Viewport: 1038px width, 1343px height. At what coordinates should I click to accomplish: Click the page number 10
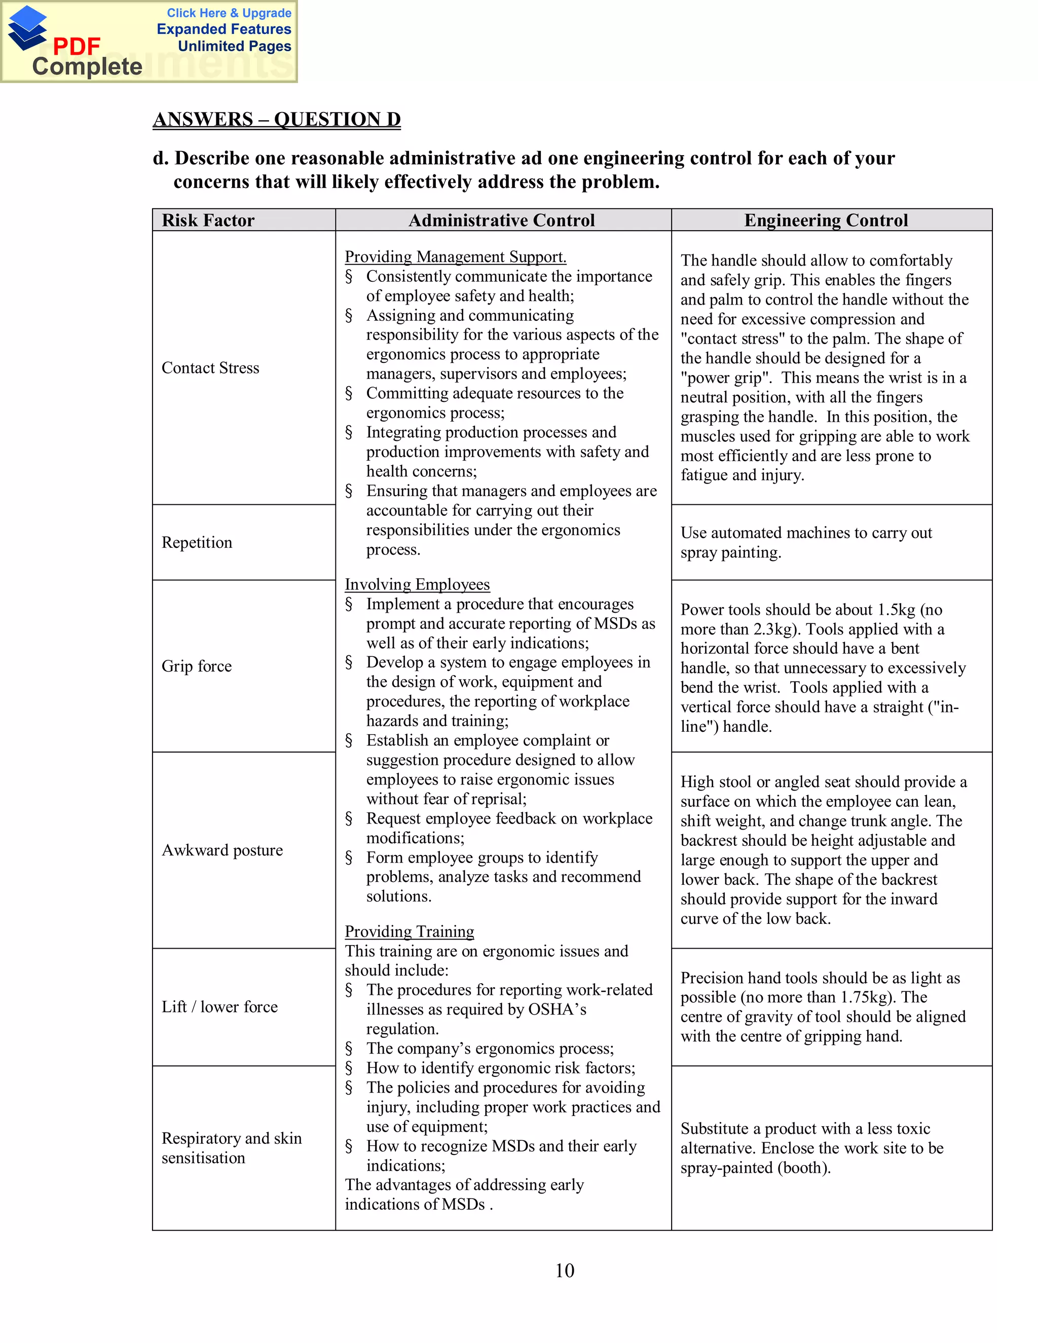564,1271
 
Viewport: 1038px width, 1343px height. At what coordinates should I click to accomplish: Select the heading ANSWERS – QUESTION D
277,119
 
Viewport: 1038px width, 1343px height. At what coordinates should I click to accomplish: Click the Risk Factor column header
208,220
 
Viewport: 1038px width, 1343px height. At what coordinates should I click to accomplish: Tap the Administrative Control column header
502,220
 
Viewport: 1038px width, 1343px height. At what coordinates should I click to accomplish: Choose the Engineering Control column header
825,220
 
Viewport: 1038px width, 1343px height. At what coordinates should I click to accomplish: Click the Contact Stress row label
210,368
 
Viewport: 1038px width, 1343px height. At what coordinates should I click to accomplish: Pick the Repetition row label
197,542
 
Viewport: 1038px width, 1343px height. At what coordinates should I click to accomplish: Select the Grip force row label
197,666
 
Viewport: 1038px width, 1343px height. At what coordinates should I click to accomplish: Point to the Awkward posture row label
222,850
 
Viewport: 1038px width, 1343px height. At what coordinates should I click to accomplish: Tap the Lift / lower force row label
219,1006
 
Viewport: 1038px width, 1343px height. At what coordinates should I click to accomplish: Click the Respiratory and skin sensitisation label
231,1147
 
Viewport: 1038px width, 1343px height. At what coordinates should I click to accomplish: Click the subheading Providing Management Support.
455,256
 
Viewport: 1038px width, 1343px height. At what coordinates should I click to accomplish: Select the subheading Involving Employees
417,584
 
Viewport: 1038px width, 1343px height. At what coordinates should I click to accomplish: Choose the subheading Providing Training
409,931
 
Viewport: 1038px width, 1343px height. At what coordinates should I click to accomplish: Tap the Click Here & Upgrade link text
229,13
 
